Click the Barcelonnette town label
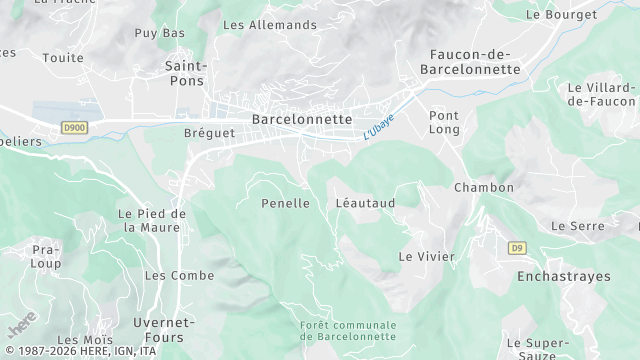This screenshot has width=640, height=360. click(302, 119)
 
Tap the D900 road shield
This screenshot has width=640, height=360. click(74, 127)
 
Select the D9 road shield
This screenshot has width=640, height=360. click(517, 247)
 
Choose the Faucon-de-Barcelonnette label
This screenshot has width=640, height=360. click(470, 61)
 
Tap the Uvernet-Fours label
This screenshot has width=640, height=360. click(163, 329)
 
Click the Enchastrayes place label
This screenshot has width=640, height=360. click(557, 275)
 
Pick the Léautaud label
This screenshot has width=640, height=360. click(365, 203)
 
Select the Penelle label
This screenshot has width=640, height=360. click(285, 203)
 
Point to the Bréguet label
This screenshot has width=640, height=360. click(209, 133)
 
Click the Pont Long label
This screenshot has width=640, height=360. click(444, 122)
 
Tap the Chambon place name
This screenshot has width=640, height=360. click(484, 188)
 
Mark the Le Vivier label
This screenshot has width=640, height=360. click(427, 257)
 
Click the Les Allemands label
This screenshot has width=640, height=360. click(269, 25)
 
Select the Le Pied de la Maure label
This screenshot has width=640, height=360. click(152, 220)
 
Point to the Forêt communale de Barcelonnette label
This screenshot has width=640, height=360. click(348, 331)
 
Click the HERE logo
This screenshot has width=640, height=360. click(21, 328)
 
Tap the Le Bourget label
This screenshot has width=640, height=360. click(561, 15)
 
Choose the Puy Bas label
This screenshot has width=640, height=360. click(160, 33)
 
